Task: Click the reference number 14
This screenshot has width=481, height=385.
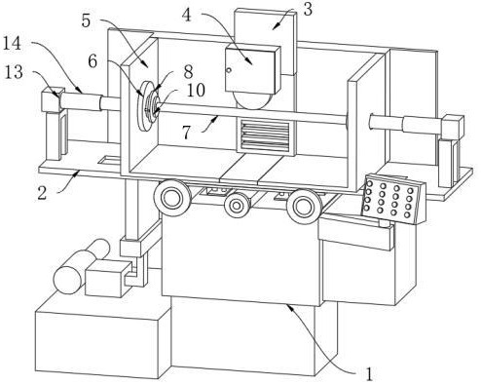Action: point(12,43)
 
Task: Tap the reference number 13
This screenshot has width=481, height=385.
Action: point(14,72)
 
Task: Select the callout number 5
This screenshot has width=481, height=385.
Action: point(86,20)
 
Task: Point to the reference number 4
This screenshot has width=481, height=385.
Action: point(187,15)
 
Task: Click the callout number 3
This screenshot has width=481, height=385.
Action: point(308,9)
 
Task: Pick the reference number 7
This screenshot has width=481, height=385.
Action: point(186,132)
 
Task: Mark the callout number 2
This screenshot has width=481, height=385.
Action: point(42,193)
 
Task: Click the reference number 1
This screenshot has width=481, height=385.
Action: point(369,374)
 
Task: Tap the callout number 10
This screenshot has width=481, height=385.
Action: point(196,90)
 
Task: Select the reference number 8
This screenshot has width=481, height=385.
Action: point(188,72)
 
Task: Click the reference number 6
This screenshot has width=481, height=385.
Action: point(92,60)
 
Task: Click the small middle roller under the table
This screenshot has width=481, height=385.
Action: point(238,206)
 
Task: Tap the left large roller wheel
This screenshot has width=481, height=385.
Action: point(172,197)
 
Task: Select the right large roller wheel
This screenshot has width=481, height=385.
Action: point(305,207)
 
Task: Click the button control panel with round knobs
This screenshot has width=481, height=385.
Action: point(393,198)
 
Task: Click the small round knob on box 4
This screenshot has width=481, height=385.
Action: point(229,69)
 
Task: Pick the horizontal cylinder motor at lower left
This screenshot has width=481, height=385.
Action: point(81,266)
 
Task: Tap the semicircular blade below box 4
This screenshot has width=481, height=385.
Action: point(254,100)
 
